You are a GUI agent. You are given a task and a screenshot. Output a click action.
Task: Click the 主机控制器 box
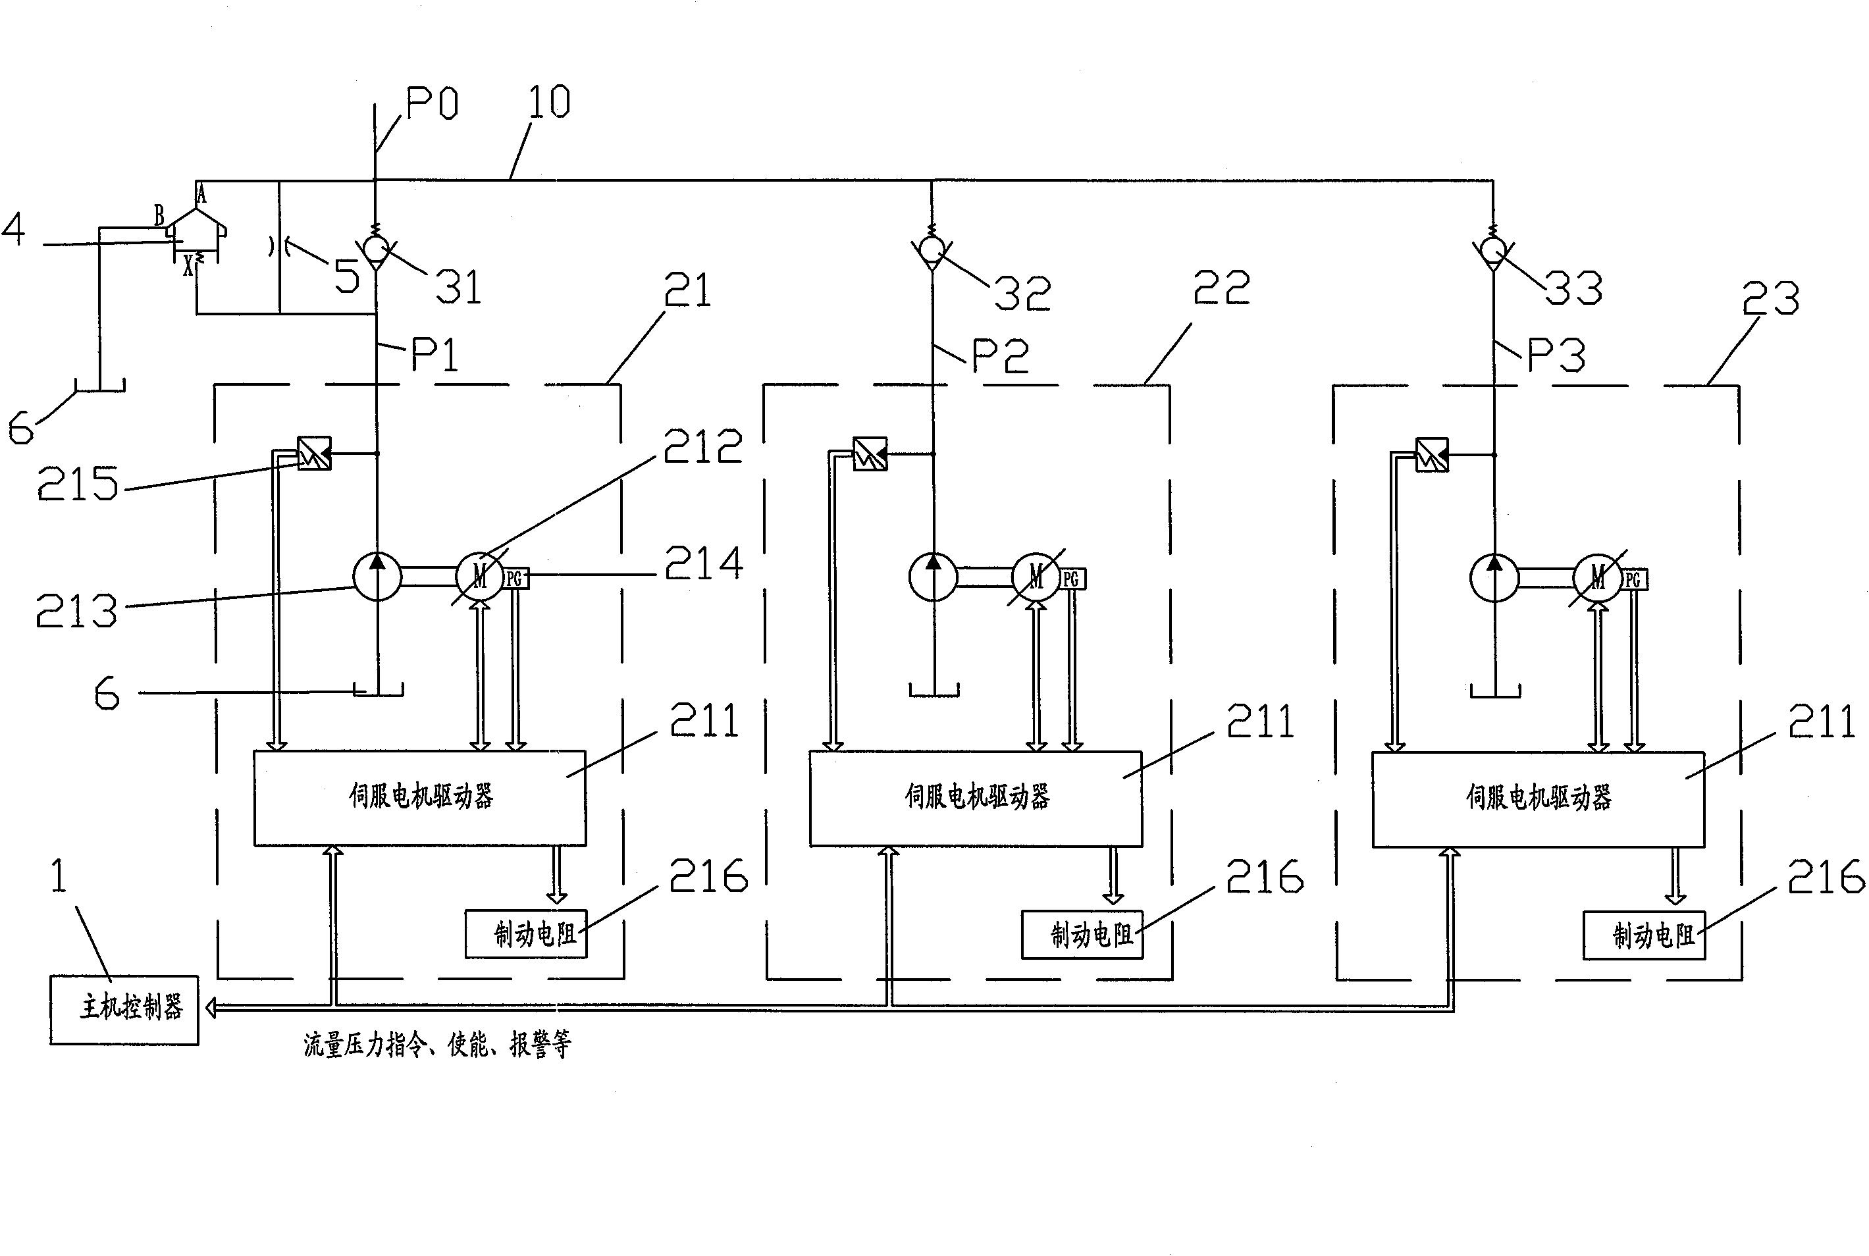click(124, 1009)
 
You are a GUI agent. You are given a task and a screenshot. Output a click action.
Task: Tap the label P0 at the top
click(432, 103)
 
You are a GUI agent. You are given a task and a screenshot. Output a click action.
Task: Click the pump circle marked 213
click(377, 576)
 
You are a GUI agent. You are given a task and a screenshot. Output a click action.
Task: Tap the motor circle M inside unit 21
click(480, 576)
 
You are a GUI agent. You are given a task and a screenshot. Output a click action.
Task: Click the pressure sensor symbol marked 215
click(314, 454)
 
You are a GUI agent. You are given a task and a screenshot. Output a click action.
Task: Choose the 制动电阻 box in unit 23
click(1644, 935)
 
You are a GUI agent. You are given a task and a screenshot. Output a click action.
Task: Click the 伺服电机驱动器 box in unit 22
click(976, 798)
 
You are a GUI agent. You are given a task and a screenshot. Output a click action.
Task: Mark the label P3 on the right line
click(1556, 355)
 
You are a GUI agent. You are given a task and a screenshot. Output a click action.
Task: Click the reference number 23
click(1770, 300)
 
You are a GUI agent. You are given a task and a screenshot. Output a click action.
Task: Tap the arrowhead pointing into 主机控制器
click(211, 1008)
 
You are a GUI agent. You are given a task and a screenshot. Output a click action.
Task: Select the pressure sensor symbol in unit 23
click(1432, 455)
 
